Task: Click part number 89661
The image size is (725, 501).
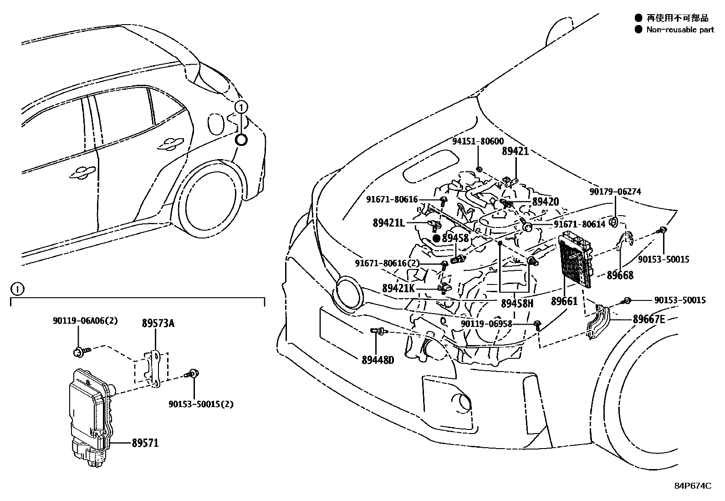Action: pyautogui.click(x=564, y=301)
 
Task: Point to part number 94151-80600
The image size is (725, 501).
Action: pyautogui.click(x=478, y=142)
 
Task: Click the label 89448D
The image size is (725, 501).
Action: pyautogui.click(x=378, y=360)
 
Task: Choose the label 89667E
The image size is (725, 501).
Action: pyautogui.click(x=648, y=319)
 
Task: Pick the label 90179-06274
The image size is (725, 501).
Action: pyautogui.click(x=615, y=192)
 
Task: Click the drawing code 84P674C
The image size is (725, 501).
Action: pyautogui.click(x=692, y=486)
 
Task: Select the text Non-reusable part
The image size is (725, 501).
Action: pyautogui.click(x=680, y=30)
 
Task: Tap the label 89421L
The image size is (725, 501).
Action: pyautogui.click(x=388, y=223)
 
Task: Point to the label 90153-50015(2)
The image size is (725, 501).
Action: pyautogui.click(x=201, y=404)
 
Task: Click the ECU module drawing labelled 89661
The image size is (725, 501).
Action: pyautogui.click(x=576, y=259)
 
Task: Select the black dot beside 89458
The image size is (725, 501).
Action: pyautogui.click(x=436, y=238)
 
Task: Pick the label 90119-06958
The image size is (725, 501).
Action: pyautogui.click(x=486, y=324)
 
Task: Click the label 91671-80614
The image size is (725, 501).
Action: pyautogui.click(x=579, y=224)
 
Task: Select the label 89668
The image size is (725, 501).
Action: pyautogui.click(x=620, y=275)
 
